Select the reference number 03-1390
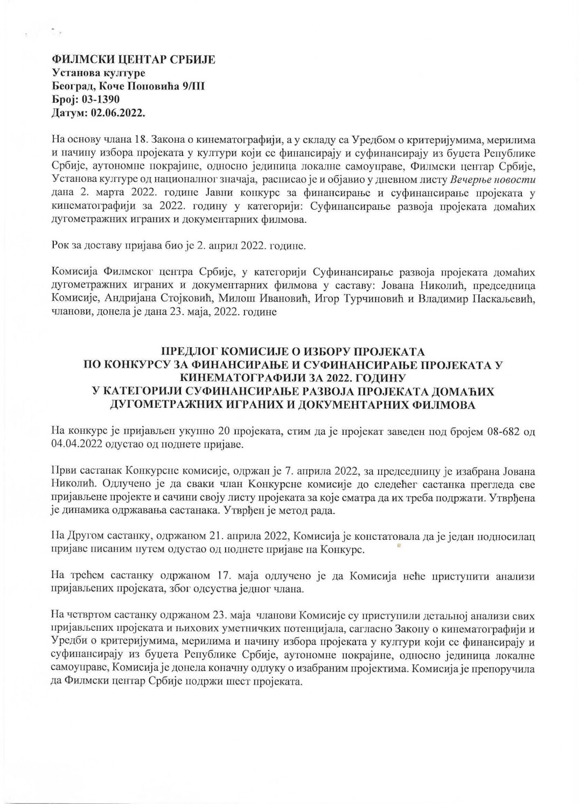coord(99,100)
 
